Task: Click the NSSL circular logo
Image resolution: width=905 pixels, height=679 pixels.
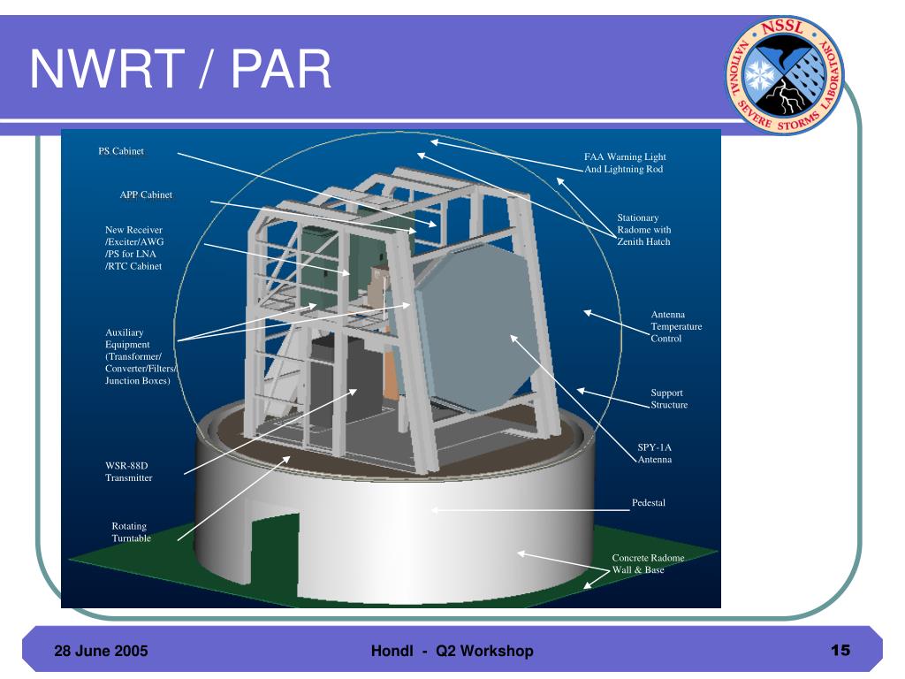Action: (x=785, y=76)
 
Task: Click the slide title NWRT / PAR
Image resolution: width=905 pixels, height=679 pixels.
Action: (x=180, y=69)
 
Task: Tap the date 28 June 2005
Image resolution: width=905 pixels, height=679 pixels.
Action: (x=101, y=651)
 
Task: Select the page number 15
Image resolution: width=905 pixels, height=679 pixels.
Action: (x=840, y=650)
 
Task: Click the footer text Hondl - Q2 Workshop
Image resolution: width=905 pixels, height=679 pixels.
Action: (x=452, y=651)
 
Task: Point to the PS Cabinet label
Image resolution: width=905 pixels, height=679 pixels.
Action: (x=121, y=151)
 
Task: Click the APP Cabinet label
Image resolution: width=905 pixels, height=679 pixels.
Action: (x=146, y=195)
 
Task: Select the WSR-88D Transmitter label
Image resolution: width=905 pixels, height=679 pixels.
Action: (x=129, y=472)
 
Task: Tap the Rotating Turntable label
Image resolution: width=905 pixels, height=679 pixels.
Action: (x=131, y=531)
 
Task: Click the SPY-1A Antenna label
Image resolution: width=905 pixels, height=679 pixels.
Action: (x=655, y=454)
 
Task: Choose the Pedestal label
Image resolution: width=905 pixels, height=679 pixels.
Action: (x=648, y=503)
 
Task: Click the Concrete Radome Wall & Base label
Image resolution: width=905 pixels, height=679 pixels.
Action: (x=648, y=563)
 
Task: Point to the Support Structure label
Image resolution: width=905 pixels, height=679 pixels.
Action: (x=669, y=399)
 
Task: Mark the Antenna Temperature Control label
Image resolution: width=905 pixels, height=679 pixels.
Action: (x=676, y=326)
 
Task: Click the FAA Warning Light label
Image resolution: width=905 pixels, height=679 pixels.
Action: (x=625, y=156)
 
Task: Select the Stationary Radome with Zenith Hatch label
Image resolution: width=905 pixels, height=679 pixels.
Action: (x=643, y=229)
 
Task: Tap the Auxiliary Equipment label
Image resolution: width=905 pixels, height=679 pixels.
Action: (x=141, y=356)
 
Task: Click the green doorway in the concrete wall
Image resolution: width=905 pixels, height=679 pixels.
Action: (x=275, y=552)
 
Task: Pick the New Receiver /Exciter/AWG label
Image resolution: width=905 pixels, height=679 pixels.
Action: (x=134, y=248)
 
